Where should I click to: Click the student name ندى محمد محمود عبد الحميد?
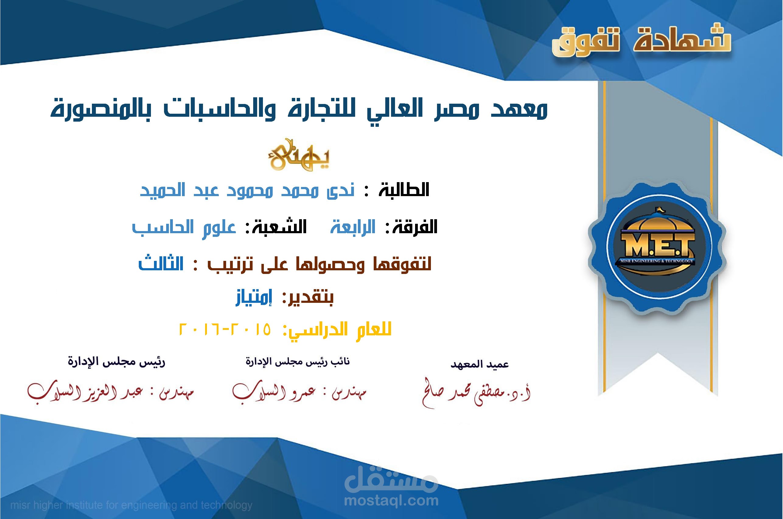(x=247, y=190)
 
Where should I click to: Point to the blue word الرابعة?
(x=353, y=227)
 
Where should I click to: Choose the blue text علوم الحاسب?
(x=184, y=227)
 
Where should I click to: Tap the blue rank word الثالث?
(x=161, y=264)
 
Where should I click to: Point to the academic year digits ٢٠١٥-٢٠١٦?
(x=225, y=329)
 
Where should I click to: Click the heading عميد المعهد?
(x=479, y=365)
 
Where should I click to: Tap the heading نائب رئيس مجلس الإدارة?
(x=297, y=362)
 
